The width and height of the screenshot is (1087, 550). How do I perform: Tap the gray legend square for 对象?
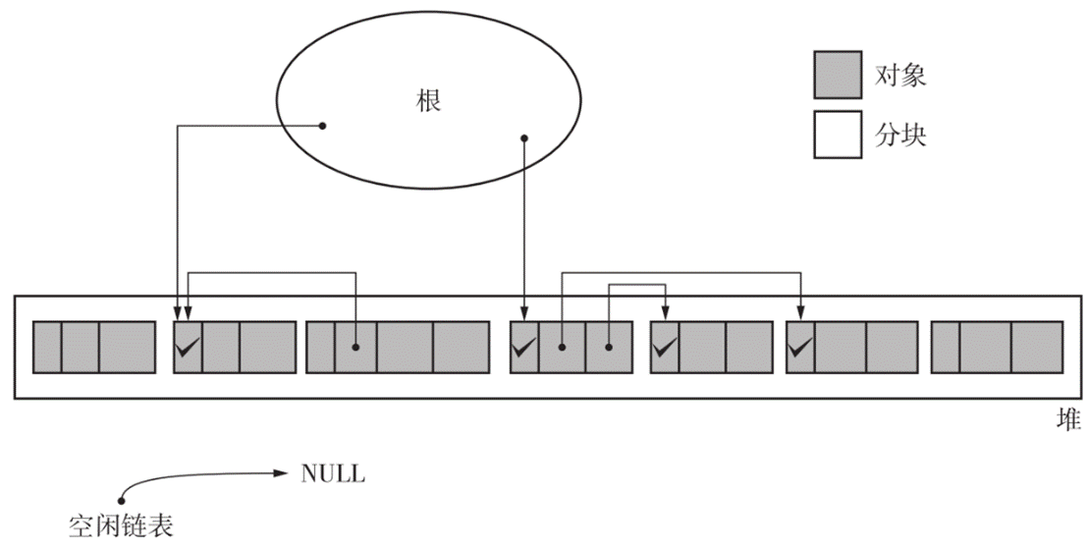(838, 76)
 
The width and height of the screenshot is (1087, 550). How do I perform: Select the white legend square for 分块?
(838, 135)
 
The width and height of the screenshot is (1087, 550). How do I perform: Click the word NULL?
(333, 474)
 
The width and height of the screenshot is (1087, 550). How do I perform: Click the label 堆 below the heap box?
(1067, 421)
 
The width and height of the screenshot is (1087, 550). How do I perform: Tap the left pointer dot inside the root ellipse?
(322, 125)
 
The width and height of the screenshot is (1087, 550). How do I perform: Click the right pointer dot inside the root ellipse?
(524, 137)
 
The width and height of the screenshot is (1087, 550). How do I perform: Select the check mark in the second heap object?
(188, 346)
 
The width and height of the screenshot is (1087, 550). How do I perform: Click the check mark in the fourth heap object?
(524, 346)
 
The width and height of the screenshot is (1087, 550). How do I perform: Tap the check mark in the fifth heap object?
(665, 346)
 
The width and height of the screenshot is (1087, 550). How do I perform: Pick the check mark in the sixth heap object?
(800, 346)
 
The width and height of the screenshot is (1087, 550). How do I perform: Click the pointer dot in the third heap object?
(355, 347)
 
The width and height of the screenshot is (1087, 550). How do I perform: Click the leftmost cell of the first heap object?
(47, 347)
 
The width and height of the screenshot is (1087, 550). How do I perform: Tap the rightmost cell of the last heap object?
(1037, 347)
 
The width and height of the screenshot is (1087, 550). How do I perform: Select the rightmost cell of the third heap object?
(461, 347)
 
